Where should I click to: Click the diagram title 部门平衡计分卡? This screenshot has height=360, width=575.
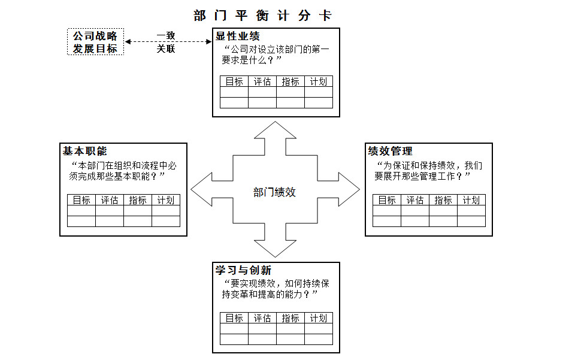[x=263, y=15]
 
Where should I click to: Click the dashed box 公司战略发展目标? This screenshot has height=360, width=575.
[x=95, y=42]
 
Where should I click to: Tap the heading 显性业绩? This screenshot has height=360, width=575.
[x=238, y=36]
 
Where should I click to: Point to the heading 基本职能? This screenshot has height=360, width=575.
[x=85, y=151]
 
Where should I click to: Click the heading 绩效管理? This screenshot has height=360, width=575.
[x=390, y=151]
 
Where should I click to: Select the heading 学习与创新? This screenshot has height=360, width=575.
[x=243, y=270]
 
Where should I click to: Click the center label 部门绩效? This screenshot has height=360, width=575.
[x=274, y=192]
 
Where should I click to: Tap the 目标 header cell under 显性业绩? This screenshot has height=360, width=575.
[x=234, y=81]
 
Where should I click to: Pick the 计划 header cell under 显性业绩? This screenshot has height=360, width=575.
[x=319, y=81]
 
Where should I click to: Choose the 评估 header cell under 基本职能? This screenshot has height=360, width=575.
[x=110, y=200]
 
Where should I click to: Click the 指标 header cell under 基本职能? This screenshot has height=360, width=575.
[x=138, y=200]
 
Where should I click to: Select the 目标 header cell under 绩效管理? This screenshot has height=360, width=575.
[x=387, y=200]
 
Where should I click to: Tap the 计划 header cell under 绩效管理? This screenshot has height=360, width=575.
[x=471, y=200]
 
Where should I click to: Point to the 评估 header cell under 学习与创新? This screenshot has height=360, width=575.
[x=262, y=318]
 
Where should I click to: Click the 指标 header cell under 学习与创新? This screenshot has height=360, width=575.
[x=290, y=318]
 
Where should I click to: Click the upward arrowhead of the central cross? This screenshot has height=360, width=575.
[x=275, y=132]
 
